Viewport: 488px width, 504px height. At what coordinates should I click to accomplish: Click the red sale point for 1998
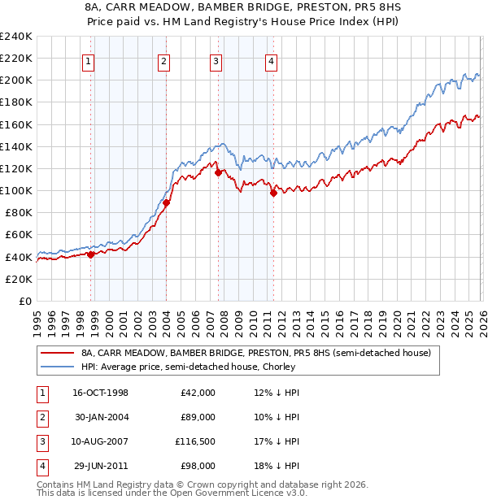click(91, 254)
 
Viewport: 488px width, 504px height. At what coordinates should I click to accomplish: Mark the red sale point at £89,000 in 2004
click(167, 202)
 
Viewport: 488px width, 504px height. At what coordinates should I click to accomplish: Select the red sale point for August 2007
click(218, 172)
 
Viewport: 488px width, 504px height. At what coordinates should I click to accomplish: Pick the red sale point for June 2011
click(273, 193)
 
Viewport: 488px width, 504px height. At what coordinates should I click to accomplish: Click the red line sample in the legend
click(58, 354)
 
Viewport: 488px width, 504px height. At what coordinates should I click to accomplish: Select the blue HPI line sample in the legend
click(58, 367)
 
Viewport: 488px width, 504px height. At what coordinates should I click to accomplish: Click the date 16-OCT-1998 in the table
click(100, 393)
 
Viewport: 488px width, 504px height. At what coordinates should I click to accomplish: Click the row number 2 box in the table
click(41, 417)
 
